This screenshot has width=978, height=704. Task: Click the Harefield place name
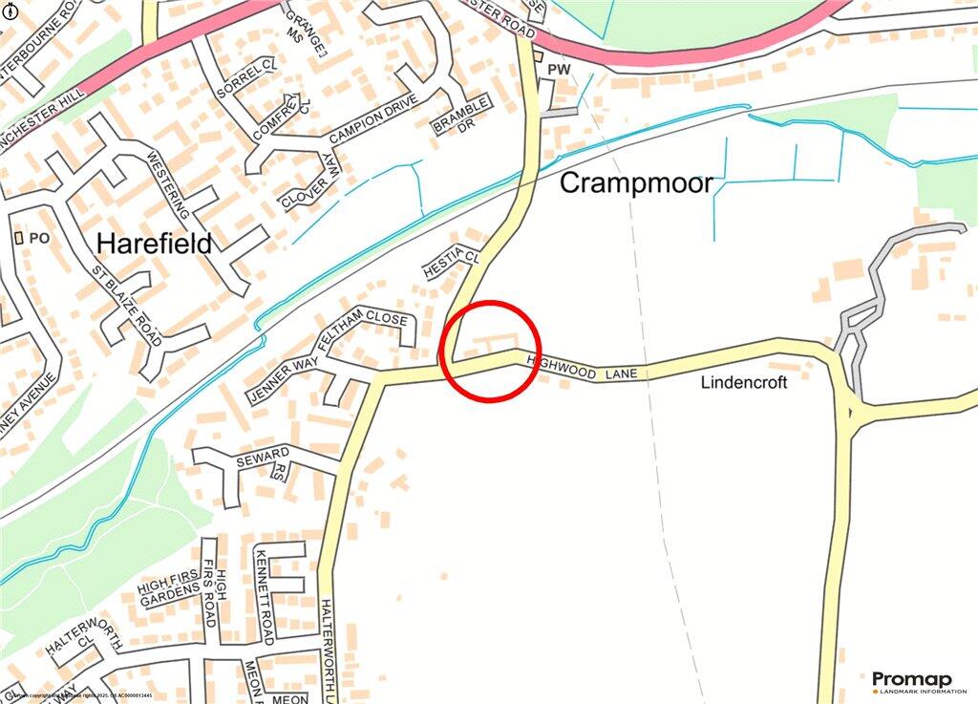coord(155,244)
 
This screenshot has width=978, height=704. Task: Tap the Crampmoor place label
coord(636,182)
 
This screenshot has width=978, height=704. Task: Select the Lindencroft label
coord(745,382)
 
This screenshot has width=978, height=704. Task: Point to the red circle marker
coord(492,351)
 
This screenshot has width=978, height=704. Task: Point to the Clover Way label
coord(311,182)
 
